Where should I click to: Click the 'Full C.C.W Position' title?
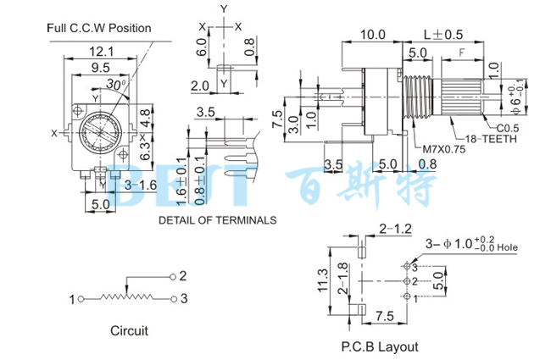[x=99, y=28]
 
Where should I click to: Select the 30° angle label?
[x=118, y=85]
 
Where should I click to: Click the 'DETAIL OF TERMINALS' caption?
[x=218, y=219]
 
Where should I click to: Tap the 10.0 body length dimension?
[x=372, y=35]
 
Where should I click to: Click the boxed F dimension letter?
[x=462, y=53]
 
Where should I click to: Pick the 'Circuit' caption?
[x=129, y=330]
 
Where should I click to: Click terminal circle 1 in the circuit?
[x=82, y=299]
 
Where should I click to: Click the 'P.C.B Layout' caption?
[x=380, y=346]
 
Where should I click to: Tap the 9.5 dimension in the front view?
[x=101, y=66]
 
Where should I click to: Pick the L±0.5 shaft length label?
[x=443, y=35]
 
